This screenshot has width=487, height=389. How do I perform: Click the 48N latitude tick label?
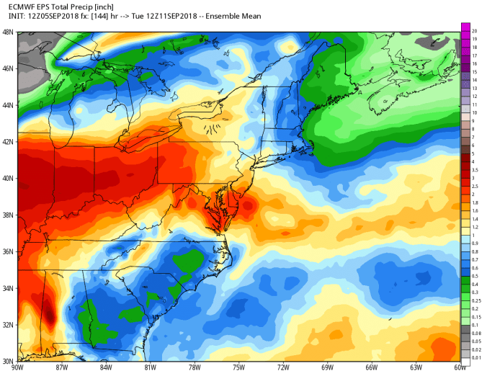tap(7, 32)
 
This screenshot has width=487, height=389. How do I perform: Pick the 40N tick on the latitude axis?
tap(7, 178)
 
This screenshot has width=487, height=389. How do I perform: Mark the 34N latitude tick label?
tap(7, 288)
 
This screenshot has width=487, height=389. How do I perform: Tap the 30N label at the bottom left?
tap(7, 361)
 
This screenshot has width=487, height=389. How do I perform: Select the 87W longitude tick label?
tap(62, 368)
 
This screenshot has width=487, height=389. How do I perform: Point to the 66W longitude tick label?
tap(371, 368)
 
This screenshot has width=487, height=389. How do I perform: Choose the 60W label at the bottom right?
tap(459, 368)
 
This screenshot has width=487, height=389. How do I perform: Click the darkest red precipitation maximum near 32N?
tap(49, 315)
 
